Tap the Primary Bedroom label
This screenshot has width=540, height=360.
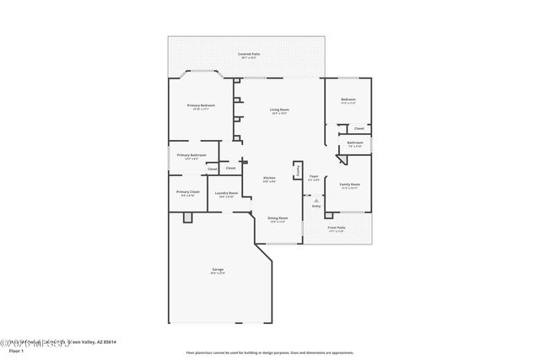point(202,105)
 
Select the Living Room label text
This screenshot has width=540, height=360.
point(279,110)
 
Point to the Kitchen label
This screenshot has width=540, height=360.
point(268,178)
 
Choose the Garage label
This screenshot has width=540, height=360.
point(217,269)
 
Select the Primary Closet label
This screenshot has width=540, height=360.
point(188,192)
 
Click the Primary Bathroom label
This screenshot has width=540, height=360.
point(192,155)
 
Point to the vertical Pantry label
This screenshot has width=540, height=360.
point(297,170)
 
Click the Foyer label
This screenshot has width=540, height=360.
point(313,177)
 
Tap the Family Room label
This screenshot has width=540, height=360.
point(350,185)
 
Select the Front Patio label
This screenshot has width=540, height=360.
point(336,228)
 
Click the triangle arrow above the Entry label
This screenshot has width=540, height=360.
point(316,201)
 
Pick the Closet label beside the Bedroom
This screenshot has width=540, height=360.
point(359,129)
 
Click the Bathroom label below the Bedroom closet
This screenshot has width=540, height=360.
point(355,142)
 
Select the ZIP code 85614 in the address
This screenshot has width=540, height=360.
point(107,341)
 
